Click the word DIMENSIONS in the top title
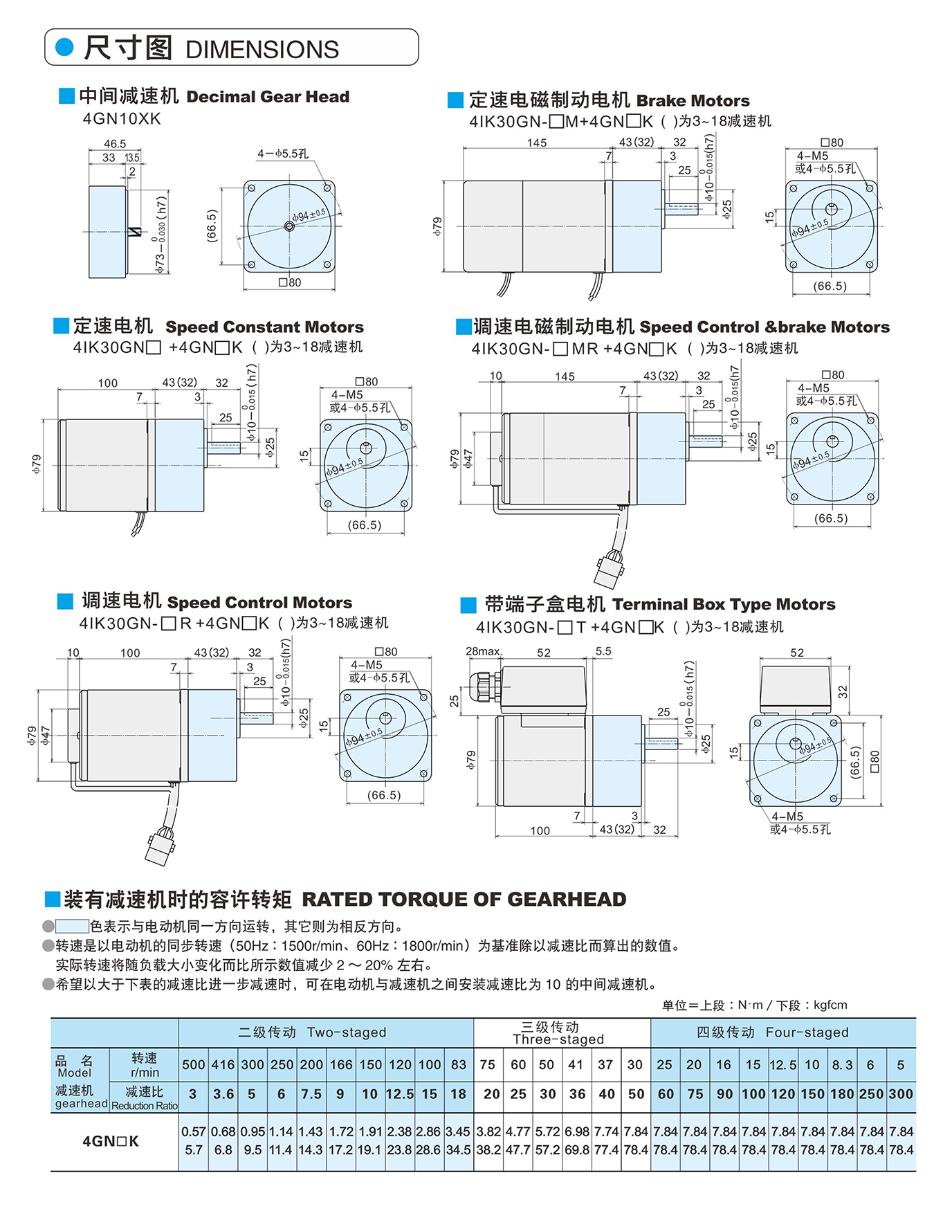tap(262, 50)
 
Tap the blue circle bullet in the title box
tap(64, 47)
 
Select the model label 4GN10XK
tap(122, 118)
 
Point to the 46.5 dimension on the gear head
tap(115, 144)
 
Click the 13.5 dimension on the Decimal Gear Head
tap(132, 158)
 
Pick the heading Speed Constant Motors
tap(264, 327)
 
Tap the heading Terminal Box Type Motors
tap(724, 605)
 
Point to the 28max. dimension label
tap(484, 651)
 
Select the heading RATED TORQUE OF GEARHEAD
tap(464, 899)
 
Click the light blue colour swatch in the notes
tap(72, 926)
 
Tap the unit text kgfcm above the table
tap(830, 1005)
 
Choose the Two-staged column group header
tap(312, 1032)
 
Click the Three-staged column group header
tap(558, 1033)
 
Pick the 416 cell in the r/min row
tap(223, 1065)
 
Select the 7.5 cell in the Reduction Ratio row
tap(311, 1094)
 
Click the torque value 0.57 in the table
tap(194, 1131)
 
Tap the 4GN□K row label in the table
tap(111, 1141)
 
